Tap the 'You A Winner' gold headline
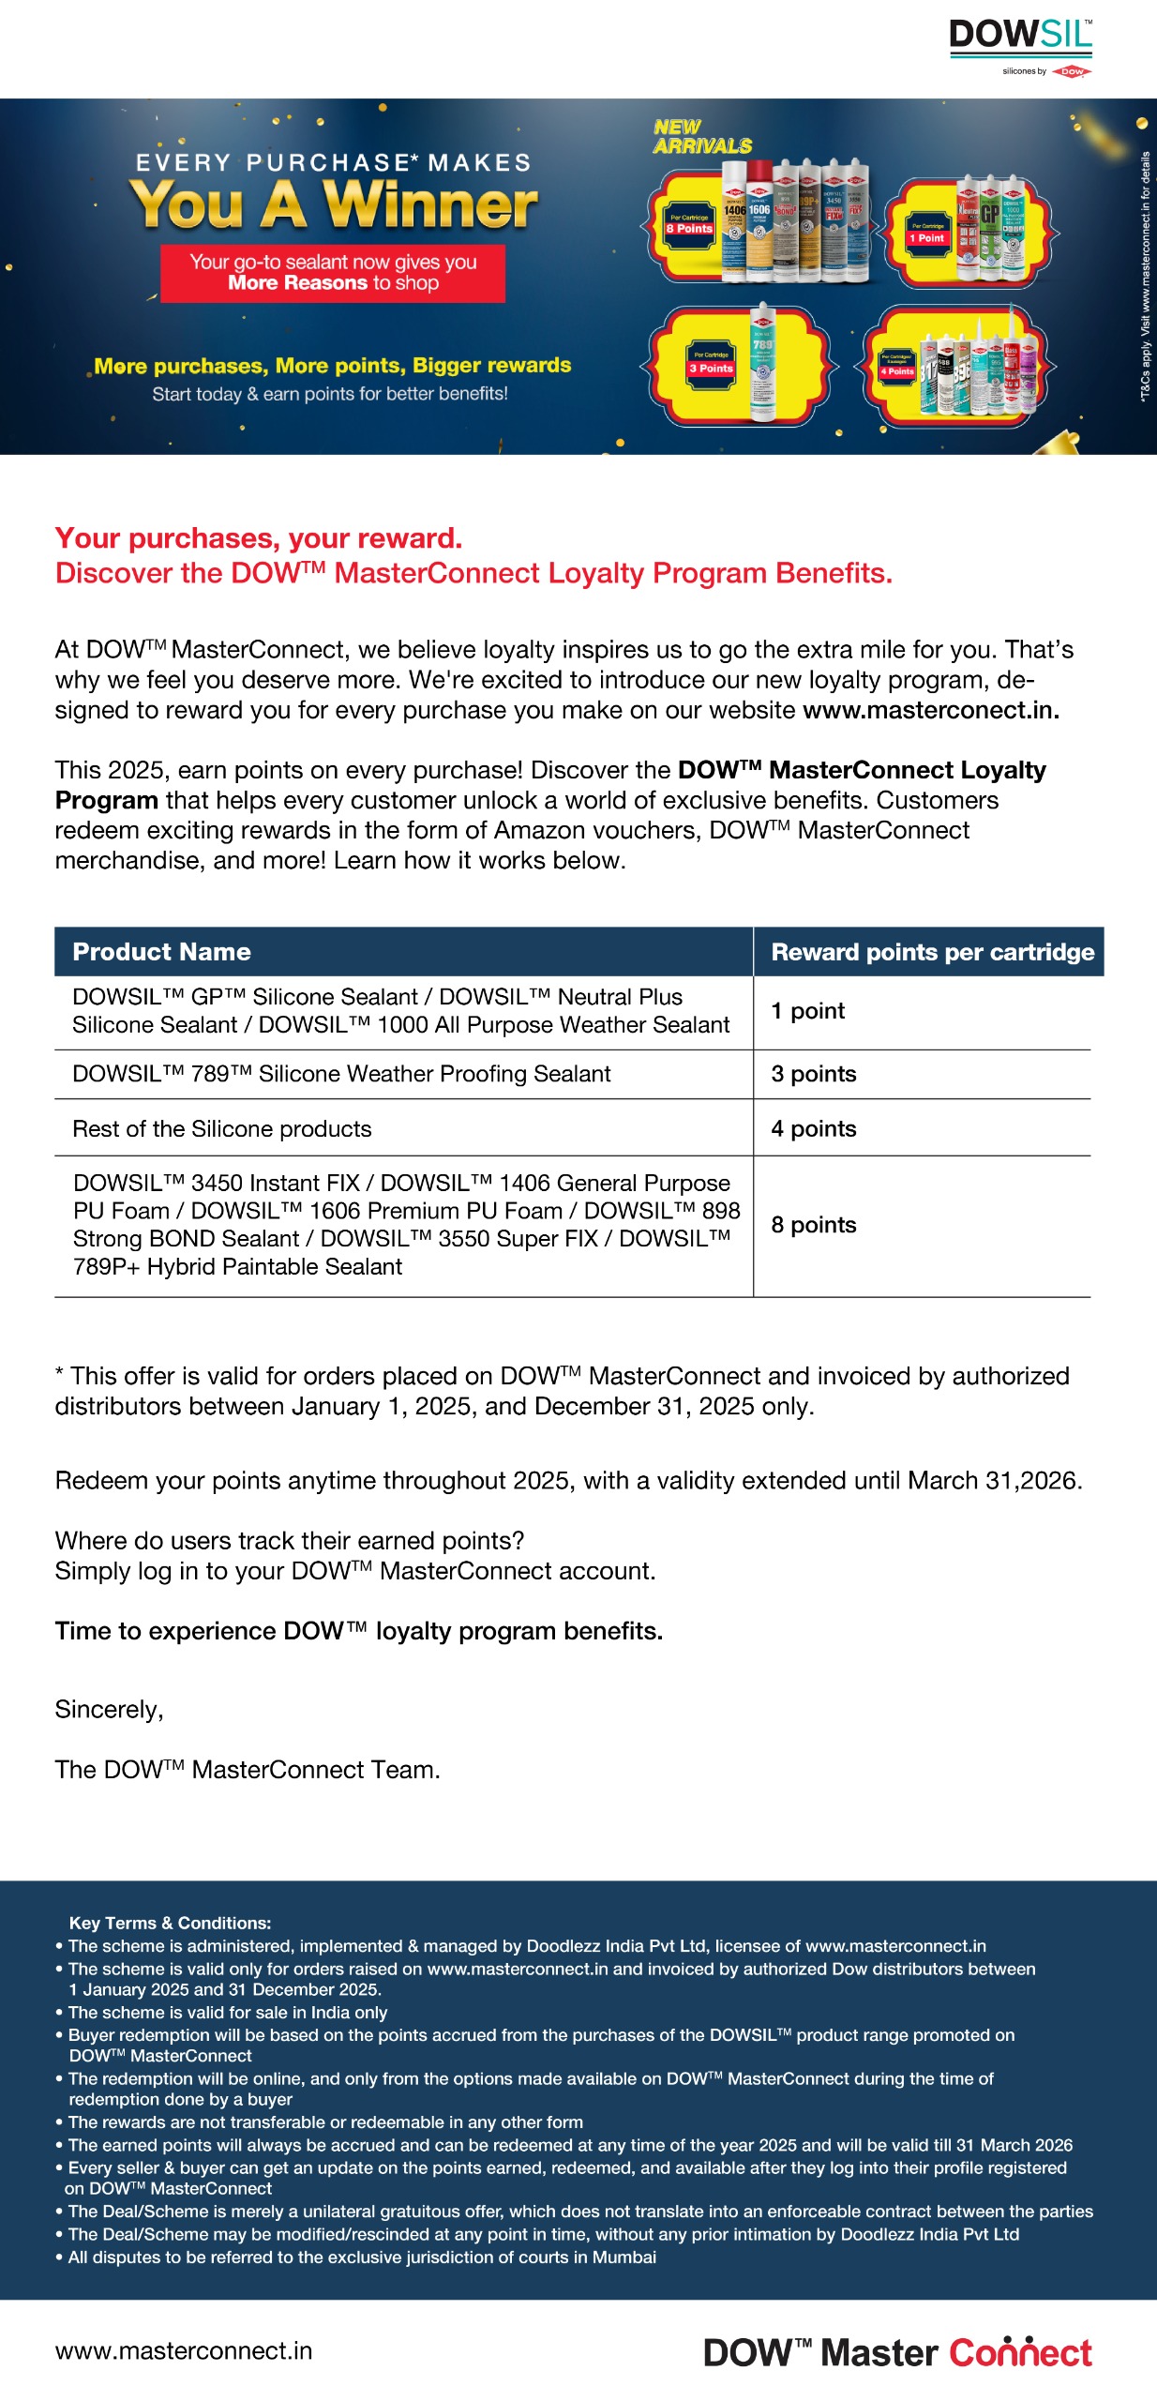[334, 204]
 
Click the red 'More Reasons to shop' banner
[333, 273]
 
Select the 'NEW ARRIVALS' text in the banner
[702, 137]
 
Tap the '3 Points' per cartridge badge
[711, 364]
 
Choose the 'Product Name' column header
[161, 952]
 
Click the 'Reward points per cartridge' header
[932, 952]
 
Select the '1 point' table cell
[807, 1011]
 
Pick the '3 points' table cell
[813, 1074]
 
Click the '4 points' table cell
[813, 1128]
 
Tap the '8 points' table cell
[813, 1225]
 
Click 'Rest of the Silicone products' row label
[222, 1128]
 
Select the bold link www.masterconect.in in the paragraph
[930, 710]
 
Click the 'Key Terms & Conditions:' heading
[170, 1923]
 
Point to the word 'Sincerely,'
[109, 1710]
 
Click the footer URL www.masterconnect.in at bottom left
[184, 2350]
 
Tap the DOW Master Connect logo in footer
[897, 2352]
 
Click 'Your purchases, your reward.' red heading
[259, 538]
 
